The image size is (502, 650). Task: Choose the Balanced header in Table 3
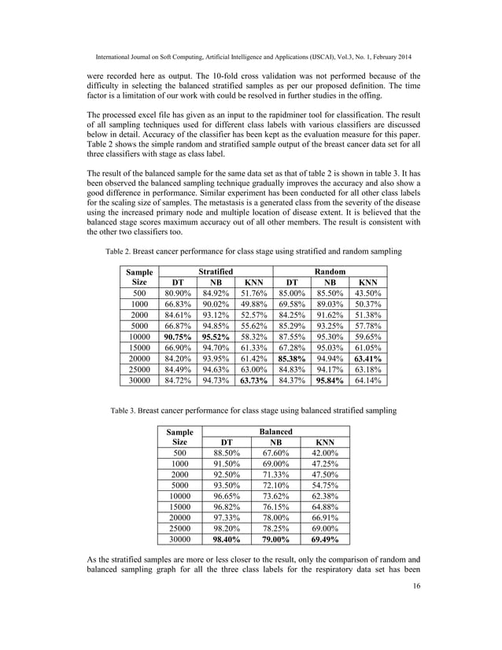pyautogui.click(x=277, y=432)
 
